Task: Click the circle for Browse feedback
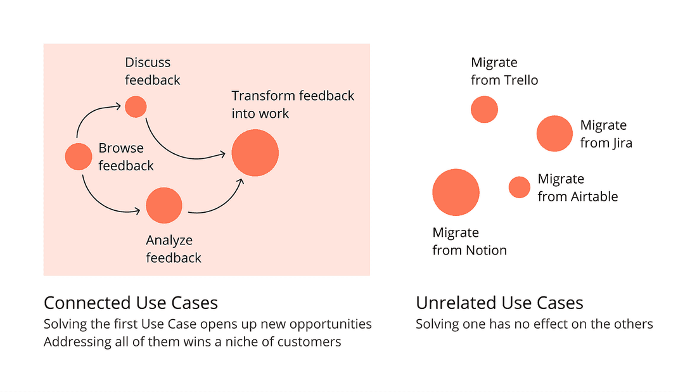click(x=79, y=156)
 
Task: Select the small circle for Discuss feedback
click(x=136, y=106)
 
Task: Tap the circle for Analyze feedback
click(x=164, y=205)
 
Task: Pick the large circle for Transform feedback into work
click(x=255, y=153)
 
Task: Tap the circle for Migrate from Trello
click(x=484, y=110)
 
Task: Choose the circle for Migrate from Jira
click(x=554, y=134)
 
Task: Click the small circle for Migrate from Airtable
click(x=519, y=187)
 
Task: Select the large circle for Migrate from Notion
click(x=456, y=193)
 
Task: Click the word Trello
click(x=521, y=80)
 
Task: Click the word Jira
click(x=621, y=143)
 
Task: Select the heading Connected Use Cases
click(x=131, y=303)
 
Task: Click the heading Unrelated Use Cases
click(x=499, y=303)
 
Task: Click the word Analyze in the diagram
click(x=169, y=241)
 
